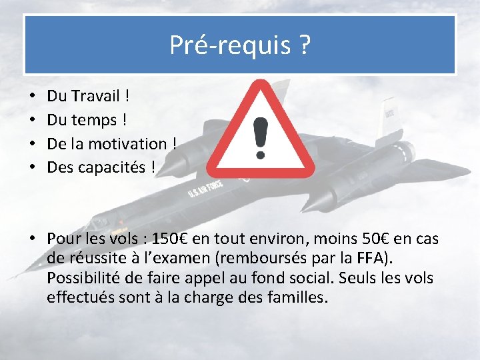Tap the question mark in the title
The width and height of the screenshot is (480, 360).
303,45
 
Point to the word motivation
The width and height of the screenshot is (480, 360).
134,143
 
